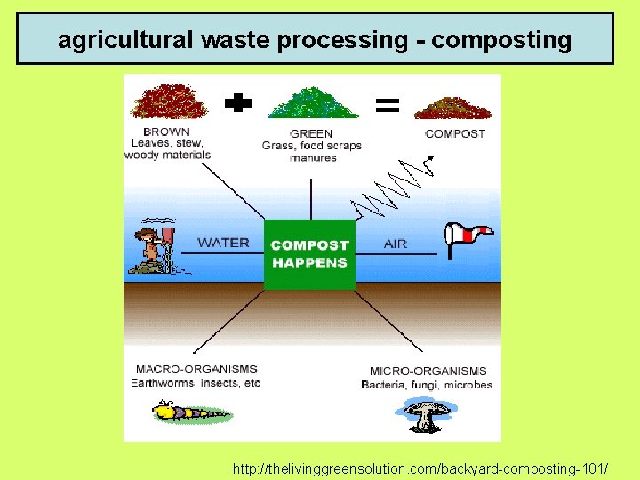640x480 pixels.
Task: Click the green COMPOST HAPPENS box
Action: tap(309, 254)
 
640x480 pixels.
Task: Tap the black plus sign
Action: tap(238, 105)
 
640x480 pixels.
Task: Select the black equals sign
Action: tap(387, 106)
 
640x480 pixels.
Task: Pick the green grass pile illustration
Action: tap(313, 103)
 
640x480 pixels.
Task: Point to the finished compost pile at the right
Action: tap(452, 108)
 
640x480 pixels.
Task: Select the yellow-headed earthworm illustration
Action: tap(188, 412)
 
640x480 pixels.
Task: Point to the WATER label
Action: tap(223, 243)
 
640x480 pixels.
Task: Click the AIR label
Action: tap(396, 244)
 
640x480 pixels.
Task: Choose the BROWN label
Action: tap(167, 131)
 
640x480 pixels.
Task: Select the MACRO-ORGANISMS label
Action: tap(196, 369)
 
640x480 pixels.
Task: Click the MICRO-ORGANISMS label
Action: tap(428, 371)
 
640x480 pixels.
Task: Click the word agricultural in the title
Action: tap(126, 40)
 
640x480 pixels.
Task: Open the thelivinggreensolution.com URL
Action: tap(420, 467)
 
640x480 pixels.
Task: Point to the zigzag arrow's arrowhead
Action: tap(431, 158)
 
